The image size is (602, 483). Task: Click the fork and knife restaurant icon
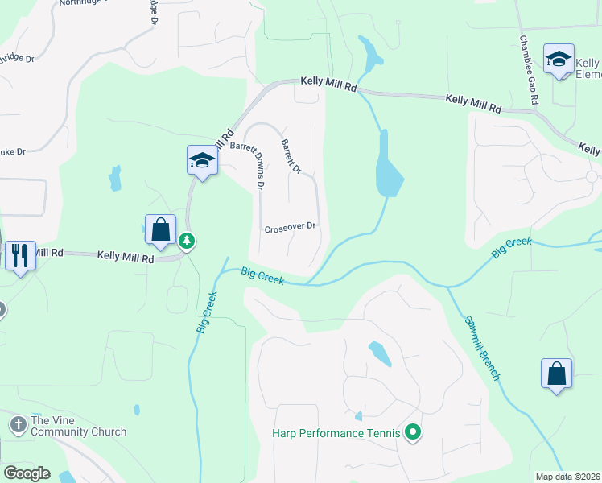[x=19, y=255]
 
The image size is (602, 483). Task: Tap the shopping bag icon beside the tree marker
[x=161, y=229]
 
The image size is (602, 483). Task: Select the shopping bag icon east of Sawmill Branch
[x=556, y=374]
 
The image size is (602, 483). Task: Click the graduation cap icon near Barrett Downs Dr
[x=202, y=160]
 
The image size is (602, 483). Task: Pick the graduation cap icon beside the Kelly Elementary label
[x=559, y=59]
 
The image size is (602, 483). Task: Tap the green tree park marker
[x=187, y=241]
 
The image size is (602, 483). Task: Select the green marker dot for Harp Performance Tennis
[x=413, y=433]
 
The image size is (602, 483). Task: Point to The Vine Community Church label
[x=78, y=427]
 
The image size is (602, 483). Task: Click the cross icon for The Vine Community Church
[x=19, y=423]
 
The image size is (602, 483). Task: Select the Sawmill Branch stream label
[x=483, y=348]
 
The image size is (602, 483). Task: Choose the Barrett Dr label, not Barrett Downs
[x=291, y=156]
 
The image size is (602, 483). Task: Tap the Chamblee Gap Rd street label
[x=528, y=70]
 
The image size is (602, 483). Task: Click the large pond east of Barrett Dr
[x=388, y=171]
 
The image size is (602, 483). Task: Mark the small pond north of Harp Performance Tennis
[x=381, y=352]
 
